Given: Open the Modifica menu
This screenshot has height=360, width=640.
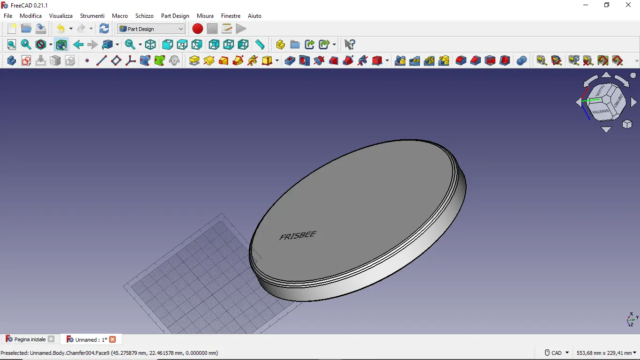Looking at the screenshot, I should pos(30,15).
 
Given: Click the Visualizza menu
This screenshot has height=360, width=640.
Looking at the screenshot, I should pos(61,15).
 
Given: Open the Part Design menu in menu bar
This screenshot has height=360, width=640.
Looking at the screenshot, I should pos(175,15).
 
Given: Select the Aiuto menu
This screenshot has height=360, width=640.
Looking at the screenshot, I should pos(254,15).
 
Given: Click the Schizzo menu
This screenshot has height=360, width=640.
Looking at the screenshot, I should pos(144,15).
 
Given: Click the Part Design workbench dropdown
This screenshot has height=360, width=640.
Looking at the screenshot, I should pos(151,29).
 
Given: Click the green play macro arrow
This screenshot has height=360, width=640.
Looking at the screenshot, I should pos(241,29).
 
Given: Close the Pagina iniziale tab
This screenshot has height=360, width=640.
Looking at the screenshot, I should pos(51,339).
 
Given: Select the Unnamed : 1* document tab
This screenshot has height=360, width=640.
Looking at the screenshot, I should pos(88,339).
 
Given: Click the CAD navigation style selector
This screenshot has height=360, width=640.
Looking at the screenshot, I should pos(557,352).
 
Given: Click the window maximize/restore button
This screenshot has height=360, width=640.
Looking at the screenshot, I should pos(607,5).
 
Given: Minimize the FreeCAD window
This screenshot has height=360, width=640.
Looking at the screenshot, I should pos(586,5).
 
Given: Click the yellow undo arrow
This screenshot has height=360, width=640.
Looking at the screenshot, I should pos(60,29).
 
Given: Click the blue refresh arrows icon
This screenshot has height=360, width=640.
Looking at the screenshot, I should pos(104,29).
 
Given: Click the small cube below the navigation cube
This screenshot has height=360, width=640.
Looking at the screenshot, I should pos(627,124).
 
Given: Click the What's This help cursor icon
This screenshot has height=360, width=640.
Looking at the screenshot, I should pos(350,45).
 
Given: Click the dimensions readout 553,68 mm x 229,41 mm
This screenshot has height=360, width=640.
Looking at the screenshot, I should pos(603,352).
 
